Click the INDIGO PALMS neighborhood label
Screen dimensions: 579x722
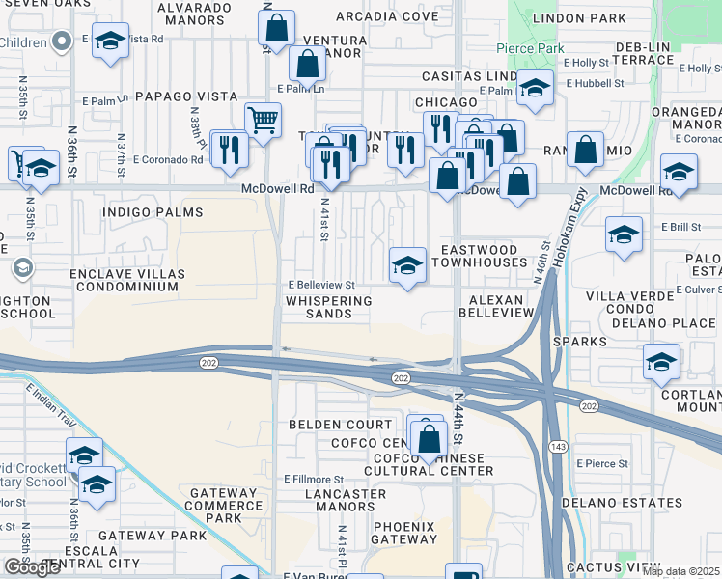(153, 211)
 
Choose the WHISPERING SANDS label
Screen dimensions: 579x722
(328, 307)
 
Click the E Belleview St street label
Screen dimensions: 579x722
(322, 285)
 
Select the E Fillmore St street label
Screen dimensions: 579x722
(313, 479)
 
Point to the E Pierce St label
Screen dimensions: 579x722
(602, 463)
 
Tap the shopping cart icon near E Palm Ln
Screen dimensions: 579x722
(263, 121)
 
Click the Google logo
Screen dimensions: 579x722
(32, 567)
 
